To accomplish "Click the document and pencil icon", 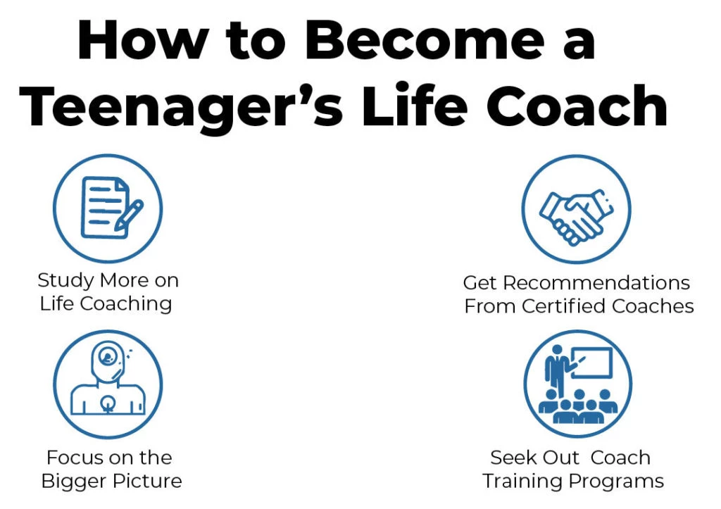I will (x=108, y=207).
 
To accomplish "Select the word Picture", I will (x=148, y=482).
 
